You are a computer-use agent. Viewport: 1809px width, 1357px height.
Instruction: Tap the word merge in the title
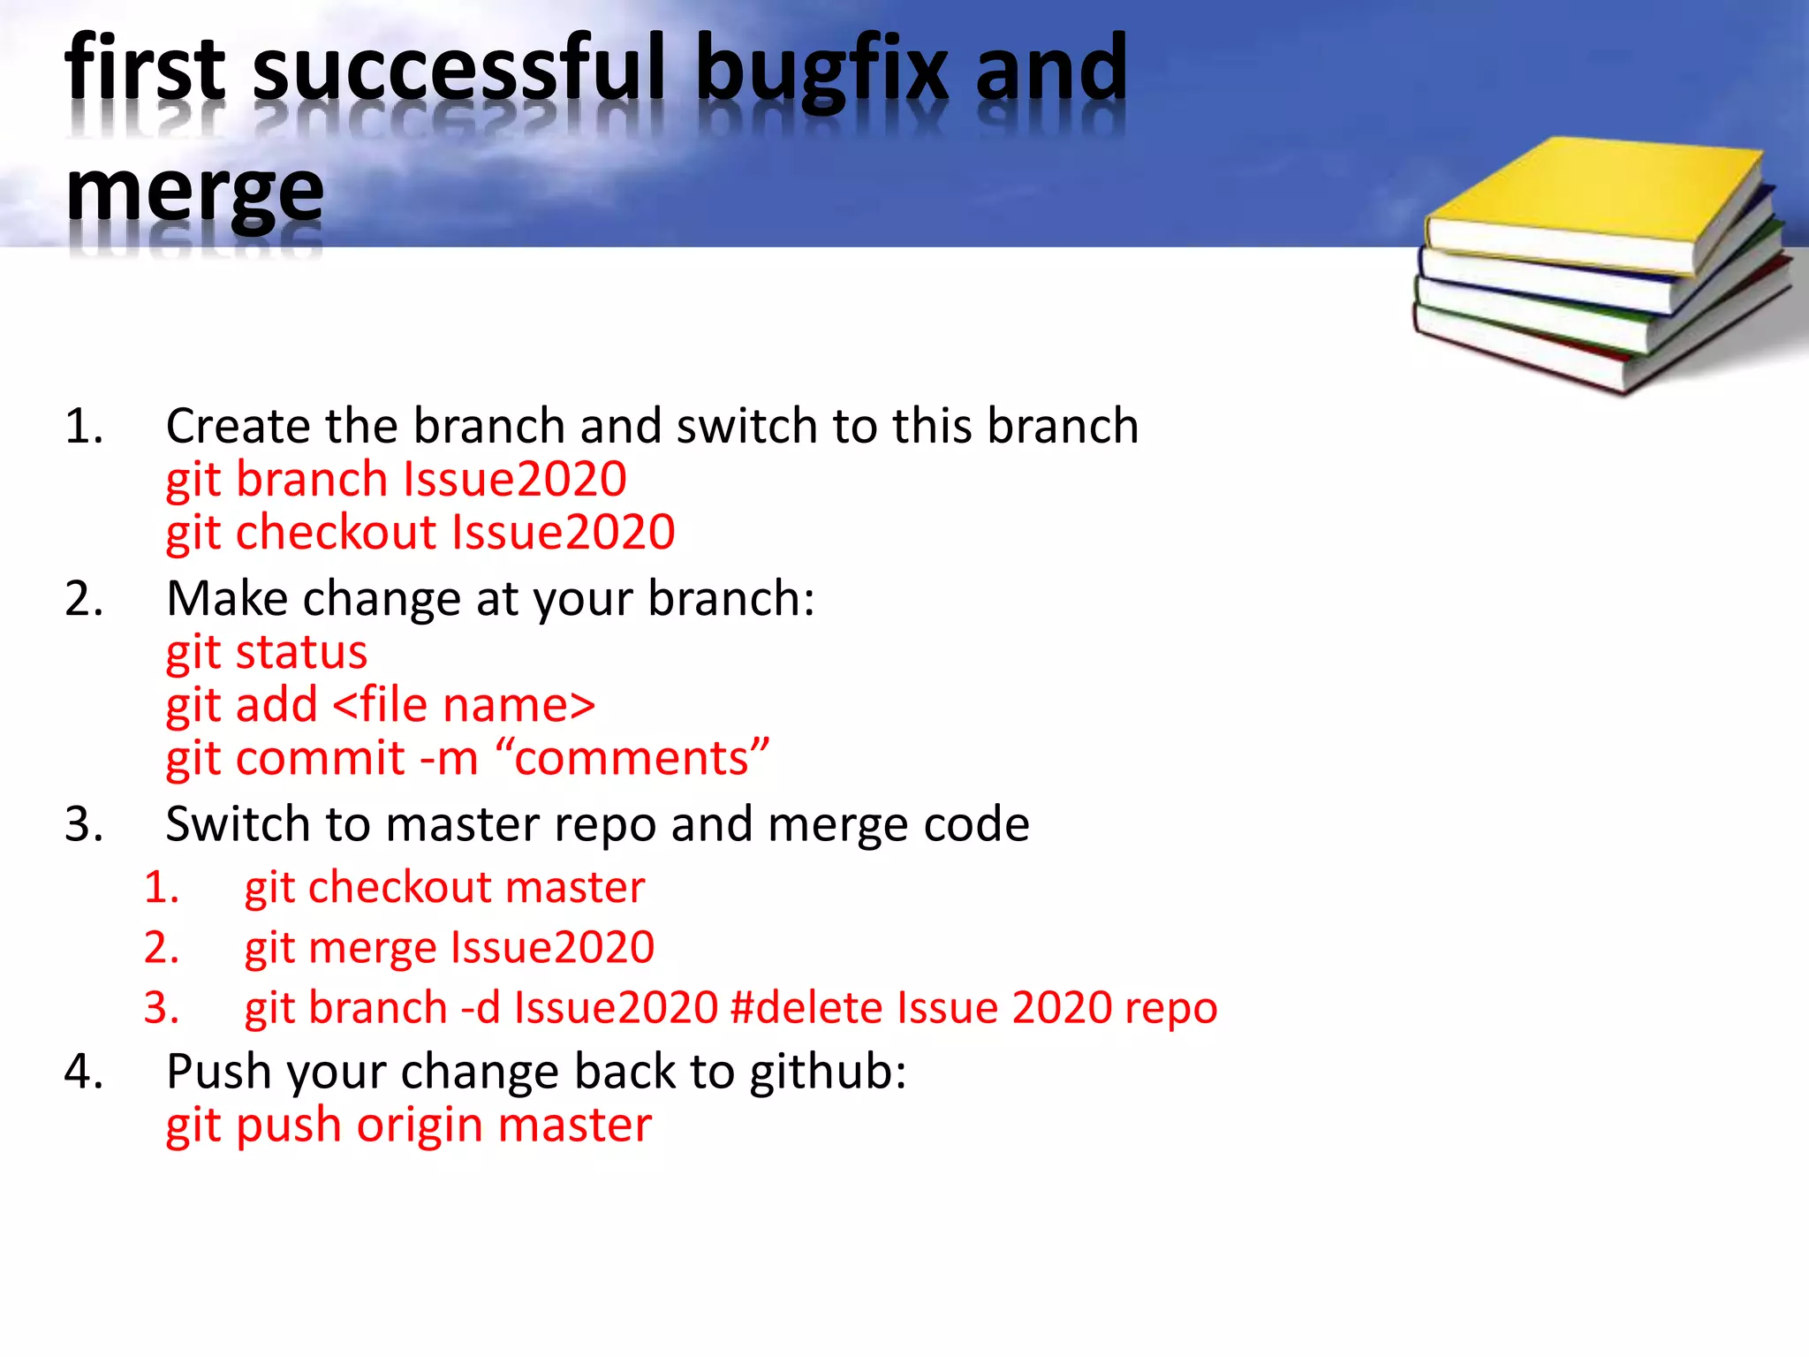point(194,193)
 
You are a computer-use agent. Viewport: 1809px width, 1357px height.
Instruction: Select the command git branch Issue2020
point(396,480)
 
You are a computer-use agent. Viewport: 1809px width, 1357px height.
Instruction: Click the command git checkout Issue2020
point(420,533)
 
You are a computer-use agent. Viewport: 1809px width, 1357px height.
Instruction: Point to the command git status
point(266,653)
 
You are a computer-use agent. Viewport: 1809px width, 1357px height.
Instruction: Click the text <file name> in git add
point(465,706)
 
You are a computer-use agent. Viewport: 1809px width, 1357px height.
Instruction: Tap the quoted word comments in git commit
point(632,759)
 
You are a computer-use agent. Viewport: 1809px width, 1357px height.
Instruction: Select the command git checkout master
point(444,887)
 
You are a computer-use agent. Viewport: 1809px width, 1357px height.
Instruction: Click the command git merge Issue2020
point(449,947)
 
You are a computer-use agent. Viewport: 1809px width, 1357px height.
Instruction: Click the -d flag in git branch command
point(481,1008)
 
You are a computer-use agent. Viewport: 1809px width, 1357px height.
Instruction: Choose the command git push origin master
point(408,1126)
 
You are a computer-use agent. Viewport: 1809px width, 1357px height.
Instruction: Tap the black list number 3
point(84,824)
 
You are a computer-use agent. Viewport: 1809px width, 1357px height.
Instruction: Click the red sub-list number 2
point(162,947)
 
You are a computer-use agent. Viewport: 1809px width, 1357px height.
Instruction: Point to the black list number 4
point(84,1072)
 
